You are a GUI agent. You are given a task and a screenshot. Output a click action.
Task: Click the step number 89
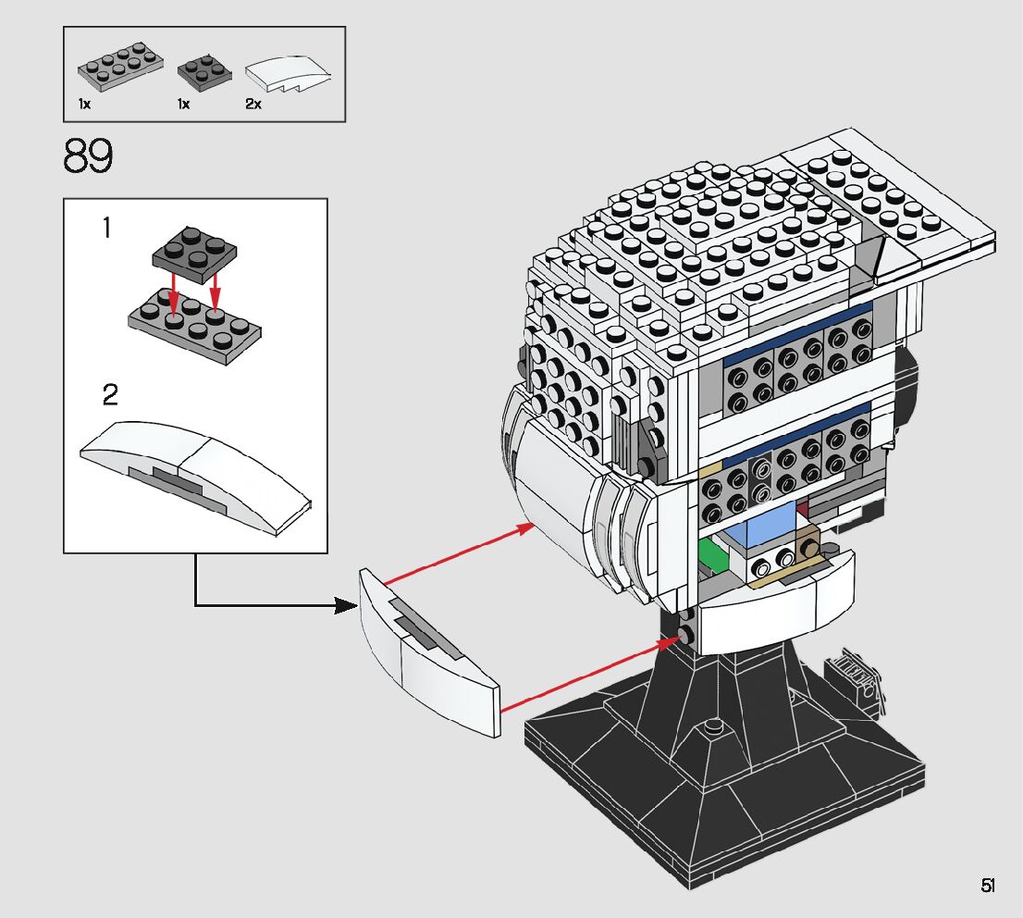pos(89,157)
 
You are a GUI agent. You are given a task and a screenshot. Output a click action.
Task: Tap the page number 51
pos(988,886)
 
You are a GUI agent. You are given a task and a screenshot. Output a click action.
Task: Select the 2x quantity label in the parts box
pos(253,105)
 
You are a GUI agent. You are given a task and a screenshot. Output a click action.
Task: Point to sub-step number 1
pos(106,228)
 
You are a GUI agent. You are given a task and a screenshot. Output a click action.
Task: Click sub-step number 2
pos(110,396)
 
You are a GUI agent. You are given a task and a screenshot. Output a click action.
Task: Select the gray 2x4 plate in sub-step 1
pos(193,323)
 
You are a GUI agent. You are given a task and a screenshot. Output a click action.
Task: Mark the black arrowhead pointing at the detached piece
pos(346,606)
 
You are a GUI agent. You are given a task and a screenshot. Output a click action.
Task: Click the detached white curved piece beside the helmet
pos(428,652)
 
